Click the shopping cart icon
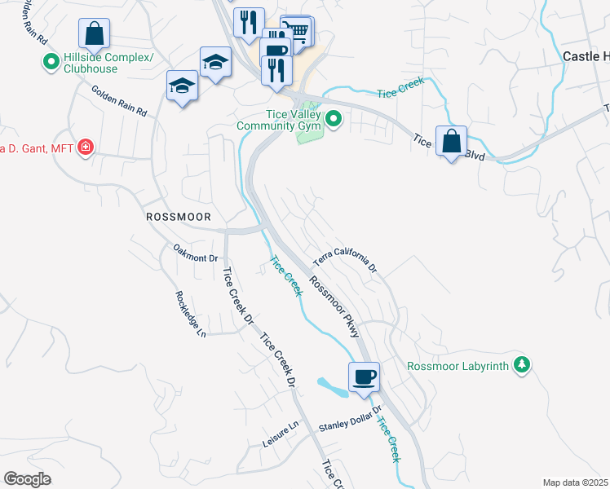[x=298, y=31]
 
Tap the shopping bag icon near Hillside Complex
[x=95, y=34]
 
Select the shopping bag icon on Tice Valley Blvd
[x=451, y=141]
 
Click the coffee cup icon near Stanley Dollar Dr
[x=364, y=377]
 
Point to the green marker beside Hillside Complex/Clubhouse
[x=51, y=62]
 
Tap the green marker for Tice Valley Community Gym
[x=333, y=121]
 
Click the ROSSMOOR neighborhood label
[x=178, y=218]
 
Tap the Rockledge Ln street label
[x=190, y=313]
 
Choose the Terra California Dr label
[x=346, y=262]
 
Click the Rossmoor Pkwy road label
[x=335, y=304]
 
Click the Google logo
[x=28, y=479]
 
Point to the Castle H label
[x=586, y=56]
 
